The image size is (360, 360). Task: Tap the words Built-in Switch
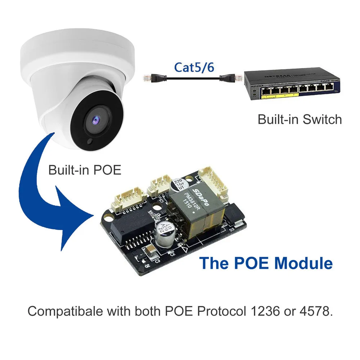tap(300, 119)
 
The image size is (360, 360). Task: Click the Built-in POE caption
tap(85, 170)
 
